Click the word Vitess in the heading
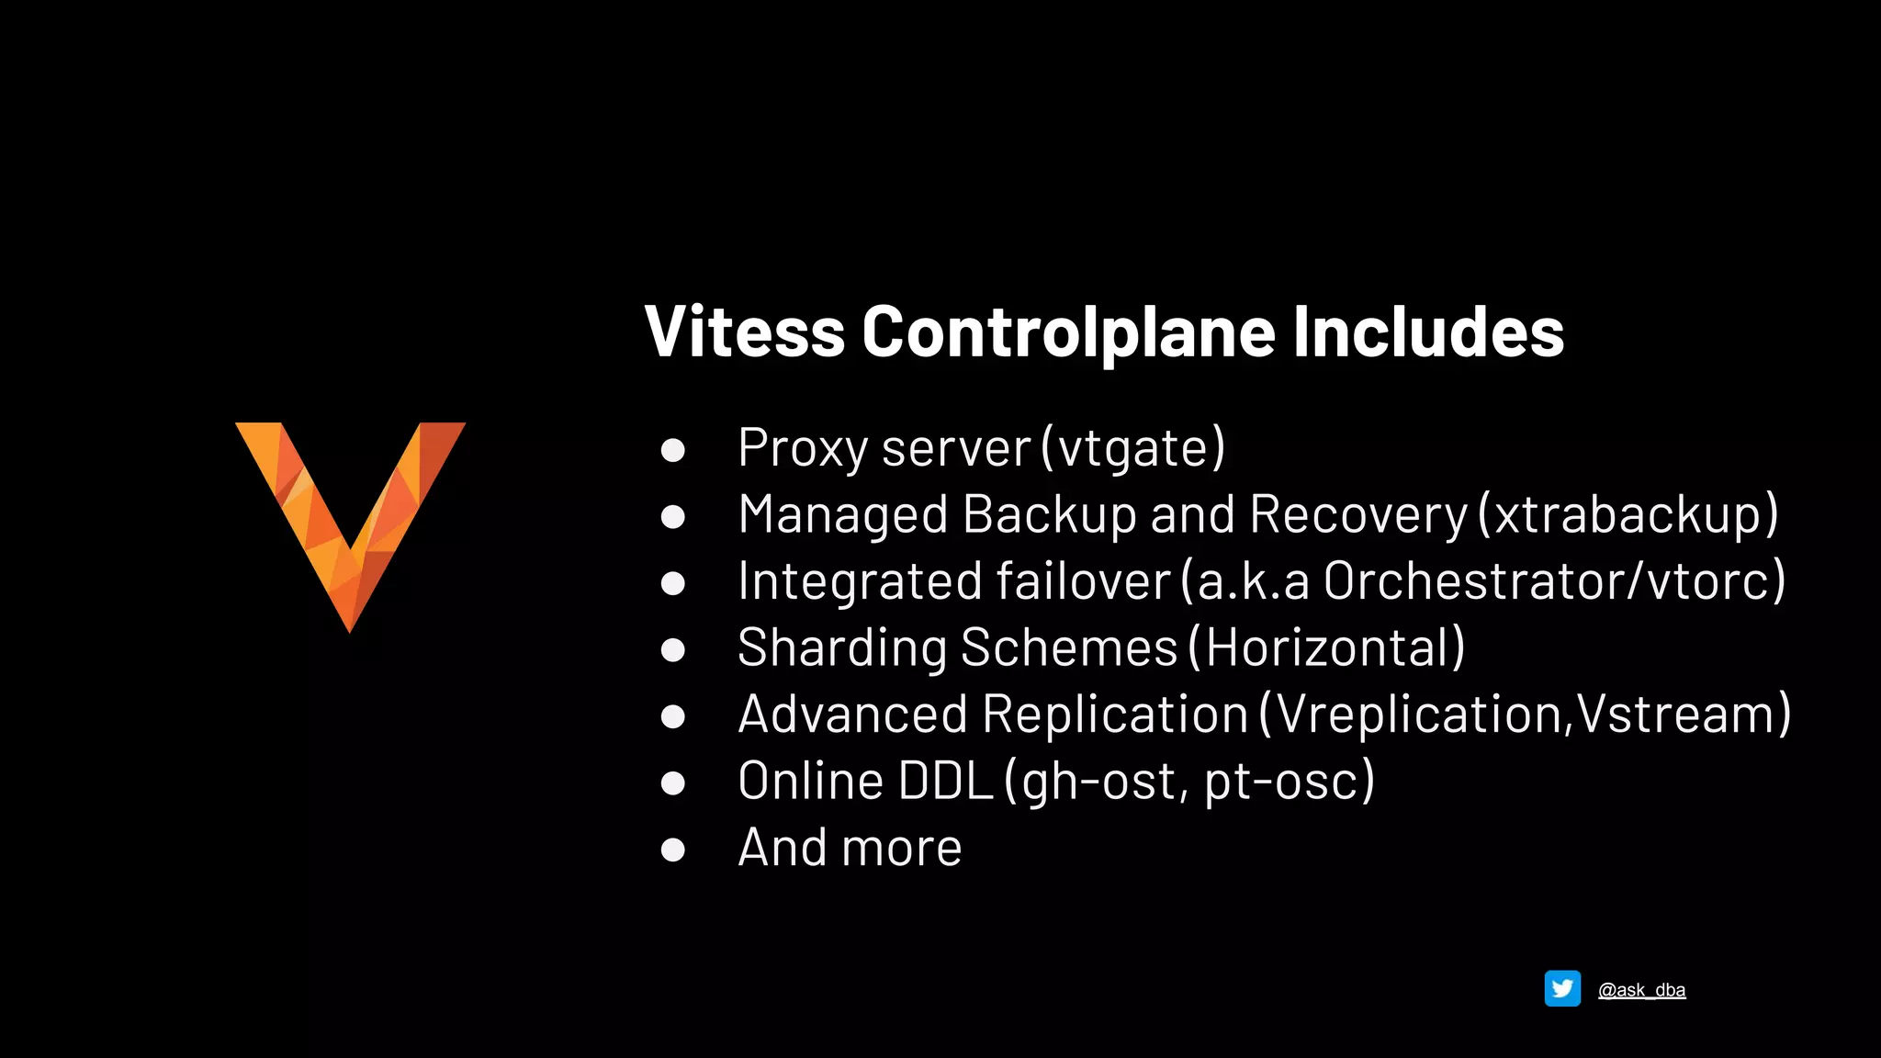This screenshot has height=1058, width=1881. click(x=744, y=332)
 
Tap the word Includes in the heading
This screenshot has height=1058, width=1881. click(x=1428, y=332)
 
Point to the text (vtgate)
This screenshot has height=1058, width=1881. click(x=1134, y=448)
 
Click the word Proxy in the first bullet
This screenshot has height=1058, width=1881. click(x=802, y=448)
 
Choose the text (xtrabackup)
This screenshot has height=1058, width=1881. click(x=1628, y=514)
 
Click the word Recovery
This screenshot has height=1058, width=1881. click(x=1358, y=514)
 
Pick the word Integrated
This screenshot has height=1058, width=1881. click(x=861, y=581)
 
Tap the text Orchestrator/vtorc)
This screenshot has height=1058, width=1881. click(x=1555, y=581)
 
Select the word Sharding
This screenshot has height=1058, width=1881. click(x=841, y=647)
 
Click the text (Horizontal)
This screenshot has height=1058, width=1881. click(x=1327, y=647)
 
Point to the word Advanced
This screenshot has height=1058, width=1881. click(x=852, y=715)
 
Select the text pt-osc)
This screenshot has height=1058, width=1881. click(x=1290, y=782)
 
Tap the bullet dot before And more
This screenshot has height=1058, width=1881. click(x=673, y=850)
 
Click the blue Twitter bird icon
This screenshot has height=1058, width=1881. click(x=1562, y=989)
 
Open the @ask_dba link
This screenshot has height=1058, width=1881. click(x=1641, y=990)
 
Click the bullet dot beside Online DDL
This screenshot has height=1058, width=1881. click(x=673, y=782)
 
